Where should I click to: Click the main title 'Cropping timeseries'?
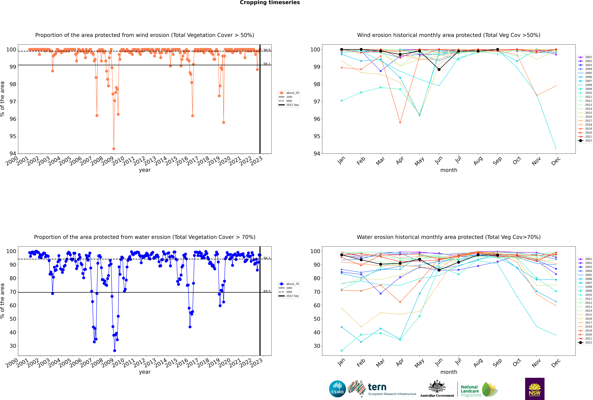pos(270,3)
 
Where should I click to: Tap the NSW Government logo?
pos(535,389)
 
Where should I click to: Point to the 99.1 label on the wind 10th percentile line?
pos(267,64)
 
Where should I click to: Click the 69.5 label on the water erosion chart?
pos(267,291)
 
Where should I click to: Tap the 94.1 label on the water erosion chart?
pos(267,258)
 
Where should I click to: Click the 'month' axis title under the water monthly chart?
pos(449,372)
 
